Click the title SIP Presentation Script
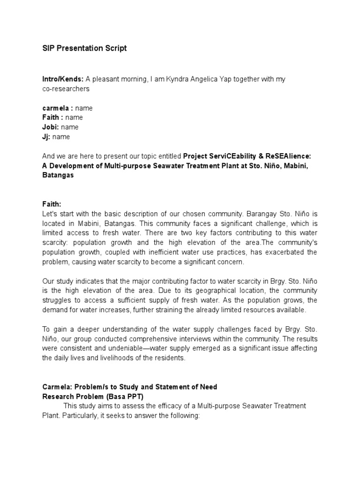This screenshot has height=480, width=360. pyautogui.click(x=84, y=49)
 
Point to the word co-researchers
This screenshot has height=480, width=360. pyautogui.click(x=66, y=89)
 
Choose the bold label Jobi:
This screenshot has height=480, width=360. pyautogui.click(x=51, y=127)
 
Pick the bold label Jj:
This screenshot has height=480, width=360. pyautogui.click(x=46, y=137)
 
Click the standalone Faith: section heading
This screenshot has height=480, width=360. pyautogui.click(x=52, y=204)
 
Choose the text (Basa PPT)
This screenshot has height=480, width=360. pyautogui.click(x=123, y=397)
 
